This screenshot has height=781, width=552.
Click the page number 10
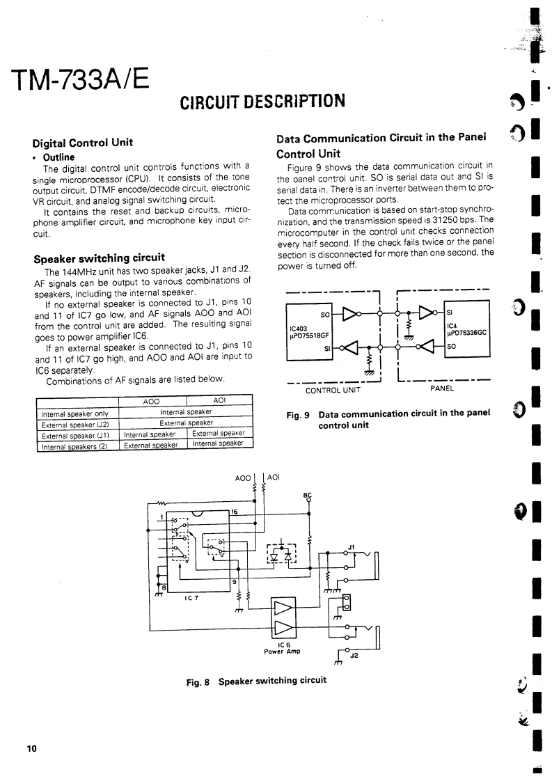(31, 748)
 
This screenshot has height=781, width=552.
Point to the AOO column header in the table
(151, 402)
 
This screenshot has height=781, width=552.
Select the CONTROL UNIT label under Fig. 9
(333, 389)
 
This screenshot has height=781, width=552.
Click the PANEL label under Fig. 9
(442, 389)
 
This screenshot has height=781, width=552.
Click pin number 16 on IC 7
(235, 512)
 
